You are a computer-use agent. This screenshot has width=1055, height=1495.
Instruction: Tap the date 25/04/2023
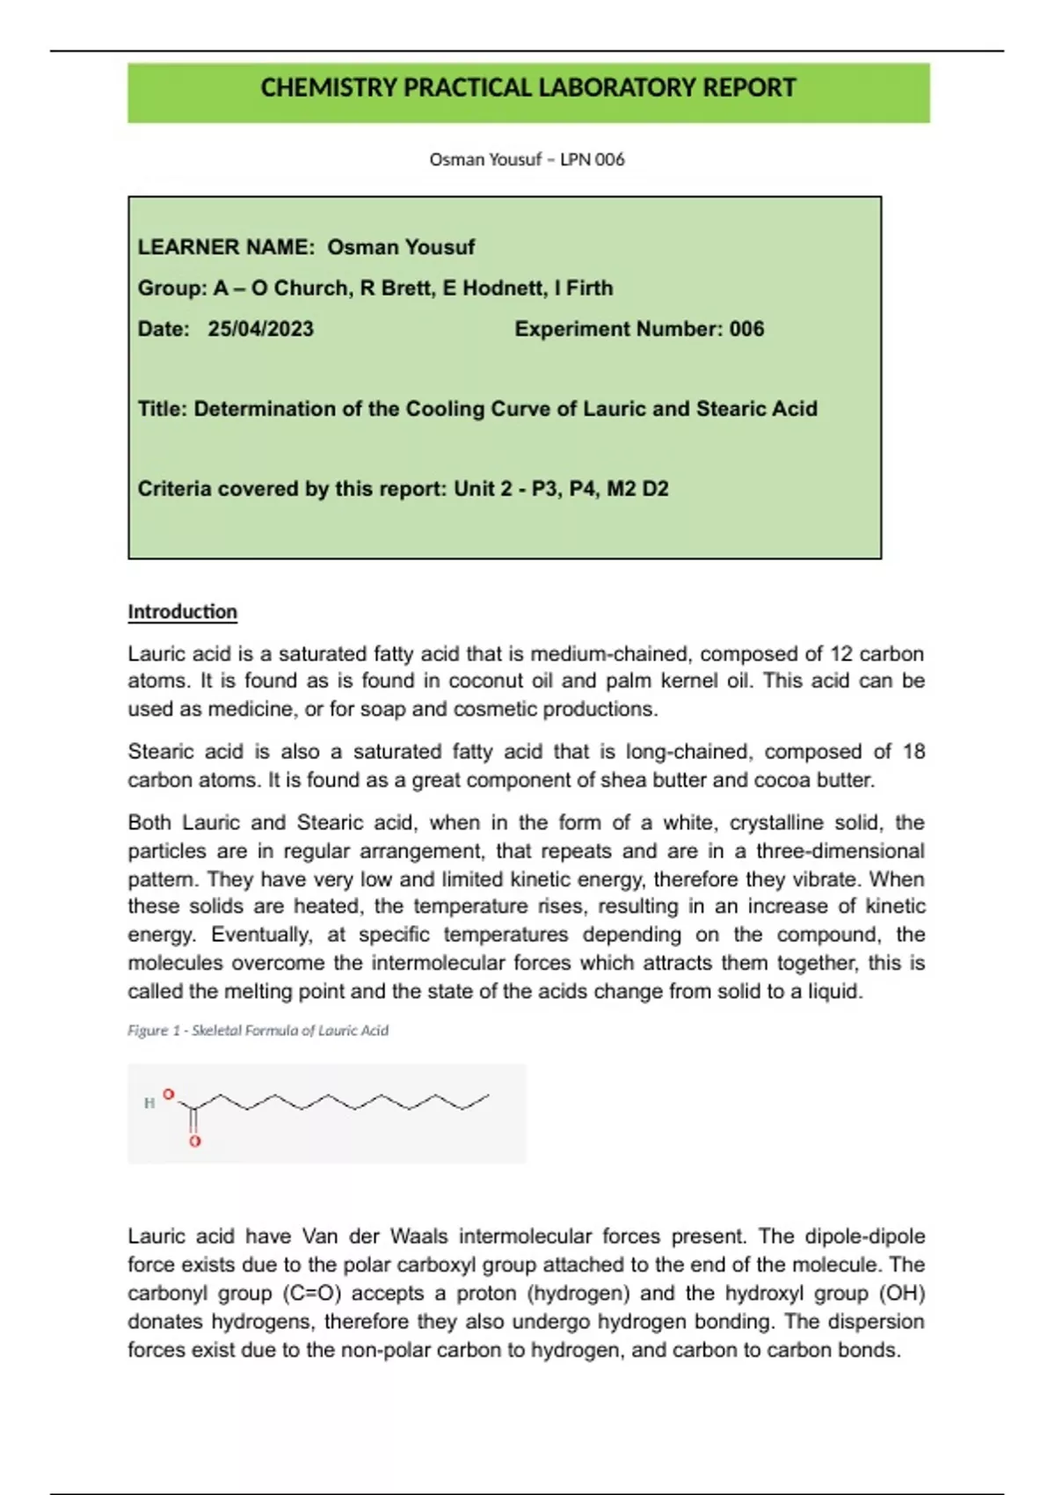pos(260,329)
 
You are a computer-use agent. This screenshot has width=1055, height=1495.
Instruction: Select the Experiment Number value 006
pos(746,329)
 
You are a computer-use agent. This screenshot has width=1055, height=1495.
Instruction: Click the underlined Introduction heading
pos(182,612)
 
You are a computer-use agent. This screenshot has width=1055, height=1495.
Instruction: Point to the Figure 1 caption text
pos(258,1031)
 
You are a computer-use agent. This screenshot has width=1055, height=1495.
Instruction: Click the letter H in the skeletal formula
pos(149,1103)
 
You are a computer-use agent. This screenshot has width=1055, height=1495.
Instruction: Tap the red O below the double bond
pos(195,1141)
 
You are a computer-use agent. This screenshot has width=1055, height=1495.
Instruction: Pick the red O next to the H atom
pos(169,1095)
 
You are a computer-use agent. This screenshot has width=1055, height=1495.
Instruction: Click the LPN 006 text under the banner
pos(592,159)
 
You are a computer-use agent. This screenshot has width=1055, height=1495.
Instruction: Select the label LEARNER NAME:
pos(226,247)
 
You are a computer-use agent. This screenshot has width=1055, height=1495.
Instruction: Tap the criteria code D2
pos(655,489)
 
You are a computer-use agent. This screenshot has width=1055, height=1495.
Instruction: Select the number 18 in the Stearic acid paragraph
pos(913,752)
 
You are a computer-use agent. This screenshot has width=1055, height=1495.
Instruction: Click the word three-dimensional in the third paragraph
pos(840,851)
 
